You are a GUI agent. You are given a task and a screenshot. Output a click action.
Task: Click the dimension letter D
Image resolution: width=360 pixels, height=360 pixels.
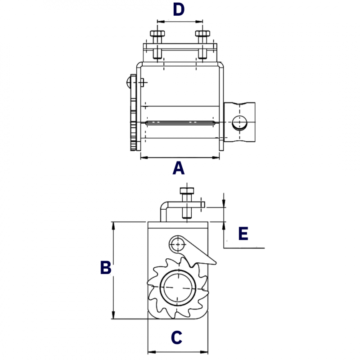179,9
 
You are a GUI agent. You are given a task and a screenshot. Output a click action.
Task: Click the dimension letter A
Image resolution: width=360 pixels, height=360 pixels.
179,168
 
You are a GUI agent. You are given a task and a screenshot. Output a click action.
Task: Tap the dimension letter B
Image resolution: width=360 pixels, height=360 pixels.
106,267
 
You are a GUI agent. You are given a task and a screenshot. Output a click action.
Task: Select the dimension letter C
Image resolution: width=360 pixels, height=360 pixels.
176,337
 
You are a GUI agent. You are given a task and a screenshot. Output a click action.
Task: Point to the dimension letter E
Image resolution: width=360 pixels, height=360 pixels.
243,233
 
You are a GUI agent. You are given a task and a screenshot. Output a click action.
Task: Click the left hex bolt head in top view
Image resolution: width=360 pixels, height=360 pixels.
157,33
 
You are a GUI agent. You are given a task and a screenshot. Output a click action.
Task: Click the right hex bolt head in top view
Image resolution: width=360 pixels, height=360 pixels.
202,33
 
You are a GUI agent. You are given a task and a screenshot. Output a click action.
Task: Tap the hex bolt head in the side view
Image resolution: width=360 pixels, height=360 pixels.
187,191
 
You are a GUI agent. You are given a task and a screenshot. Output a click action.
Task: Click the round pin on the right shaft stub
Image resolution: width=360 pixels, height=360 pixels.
239,123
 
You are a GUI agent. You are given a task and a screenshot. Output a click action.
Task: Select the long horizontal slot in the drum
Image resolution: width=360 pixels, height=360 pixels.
180,123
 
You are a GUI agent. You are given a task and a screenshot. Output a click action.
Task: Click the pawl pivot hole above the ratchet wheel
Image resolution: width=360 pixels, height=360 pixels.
178,244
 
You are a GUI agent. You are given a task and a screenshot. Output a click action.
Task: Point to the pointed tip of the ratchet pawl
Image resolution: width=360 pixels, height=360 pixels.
216,263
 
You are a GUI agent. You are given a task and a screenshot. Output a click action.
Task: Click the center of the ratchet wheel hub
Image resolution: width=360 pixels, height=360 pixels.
178,288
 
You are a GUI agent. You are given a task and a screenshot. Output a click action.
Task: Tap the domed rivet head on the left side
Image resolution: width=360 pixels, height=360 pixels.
128,82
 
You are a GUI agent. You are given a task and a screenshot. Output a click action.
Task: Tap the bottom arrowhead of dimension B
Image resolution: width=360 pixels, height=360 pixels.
113,315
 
